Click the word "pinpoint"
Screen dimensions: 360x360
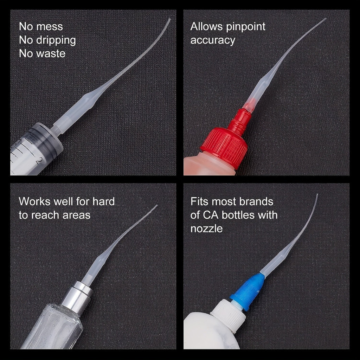click(x=246, y=27)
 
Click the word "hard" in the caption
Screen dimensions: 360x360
click(x=104, y=201)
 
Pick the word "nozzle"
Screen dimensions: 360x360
click(x=206, y=229)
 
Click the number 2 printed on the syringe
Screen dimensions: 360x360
click(x=39, y=160)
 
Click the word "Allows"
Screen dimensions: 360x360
click(x=207, y=27)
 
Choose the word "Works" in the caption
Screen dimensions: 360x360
click(x=34, y=201)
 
